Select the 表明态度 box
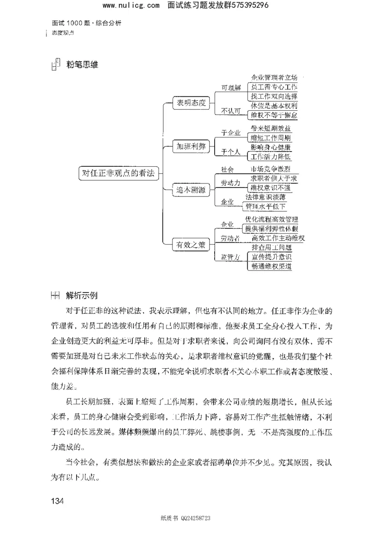pyautogui.click(x=189, y=102)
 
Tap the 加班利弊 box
pyautogui.click(x=189, y=146)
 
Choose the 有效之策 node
pyautogui.click(x=189, y=245)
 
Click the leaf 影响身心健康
pyautogui.click(x=271, y=147)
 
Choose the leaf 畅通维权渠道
pyautogui.click(x=271, y=266)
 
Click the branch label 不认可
pyautogui.click(x=231, y=110)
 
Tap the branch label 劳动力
pyautogui.click(x=230, y=183)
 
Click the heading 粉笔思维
pyautogui.click(x=82, y=65)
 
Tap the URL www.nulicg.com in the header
pyautogui.click(x=131, y=6)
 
